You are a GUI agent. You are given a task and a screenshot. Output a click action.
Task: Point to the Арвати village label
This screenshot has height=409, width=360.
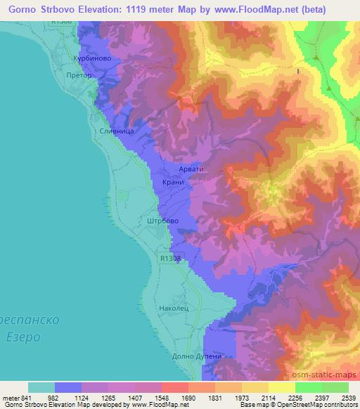tap(190, 169)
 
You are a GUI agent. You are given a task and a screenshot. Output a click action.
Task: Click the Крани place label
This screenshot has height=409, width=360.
tap(172, 182)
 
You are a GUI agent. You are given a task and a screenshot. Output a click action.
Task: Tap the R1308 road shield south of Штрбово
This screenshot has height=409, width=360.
tap(169, 259)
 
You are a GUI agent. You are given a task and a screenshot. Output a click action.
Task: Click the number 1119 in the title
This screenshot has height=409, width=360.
tap(142, 8)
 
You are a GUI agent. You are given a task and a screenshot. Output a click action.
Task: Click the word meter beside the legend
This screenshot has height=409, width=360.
tap(11, 397)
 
